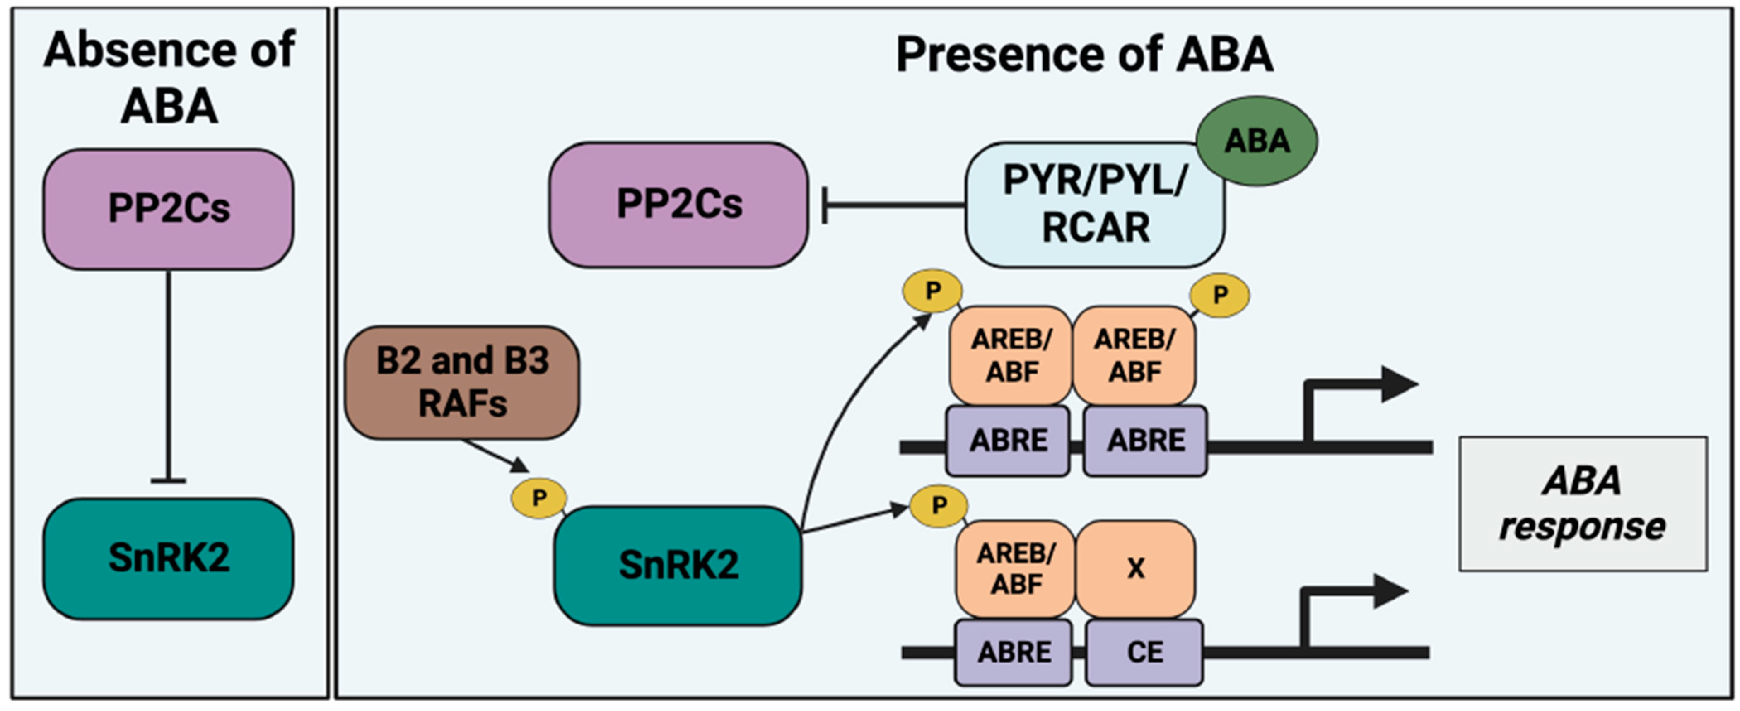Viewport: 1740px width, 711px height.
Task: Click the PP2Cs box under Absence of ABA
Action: click(x=168, y=209)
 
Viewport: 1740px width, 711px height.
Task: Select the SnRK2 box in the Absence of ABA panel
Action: click(x=168, y=558)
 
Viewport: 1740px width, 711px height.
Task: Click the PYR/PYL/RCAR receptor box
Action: click(x=1094, y=205)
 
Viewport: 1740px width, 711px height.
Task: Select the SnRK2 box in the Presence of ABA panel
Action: click(x=678, y=565)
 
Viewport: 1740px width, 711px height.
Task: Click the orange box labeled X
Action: click(x=1135, y=569)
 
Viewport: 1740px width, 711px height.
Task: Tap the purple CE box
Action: click(x=1144, y=652)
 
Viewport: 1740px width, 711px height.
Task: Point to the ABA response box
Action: click(x=1583, y=504)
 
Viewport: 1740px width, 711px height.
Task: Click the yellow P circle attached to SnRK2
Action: click(x=538, y=498)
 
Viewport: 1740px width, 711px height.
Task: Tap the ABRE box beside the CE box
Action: click(x=1013, y=652)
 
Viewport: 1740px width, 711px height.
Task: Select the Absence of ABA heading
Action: click(x=169, y=78)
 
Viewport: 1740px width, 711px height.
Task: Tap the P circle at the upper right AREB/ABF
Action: click(x=1219, y=295)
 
